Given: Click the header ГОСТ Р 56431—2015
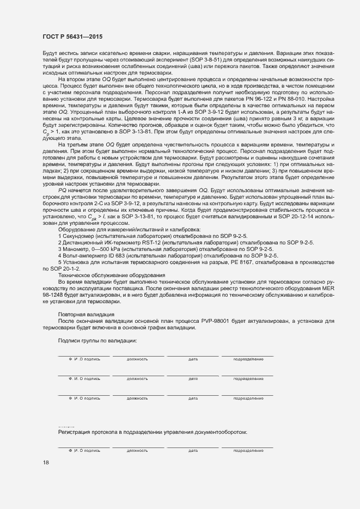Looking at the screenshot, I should tap(72, 36).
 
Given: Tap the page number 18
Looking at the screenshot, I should tap(45, 463).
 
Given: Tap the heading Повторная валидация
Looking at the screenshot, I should tap(86, 314).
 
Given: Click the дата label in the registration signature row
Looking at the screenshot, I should tap(193, 451).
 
